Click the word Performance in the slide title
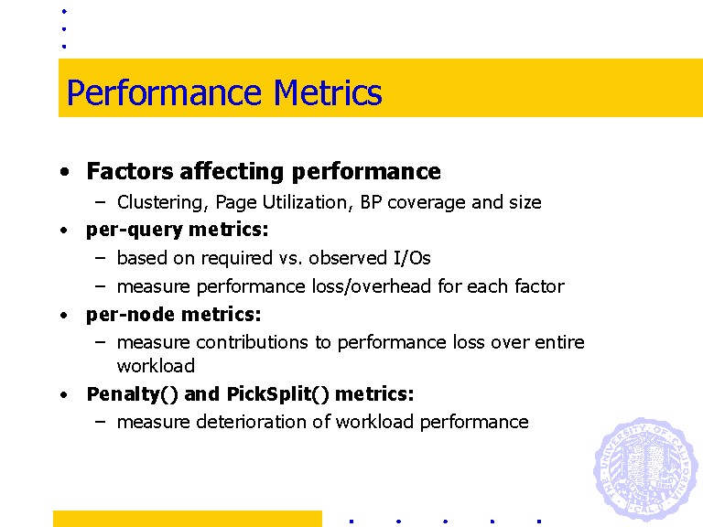tap(164, 93)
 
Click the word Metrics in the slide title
tap(328, 92)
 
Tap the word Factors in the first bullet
tap(130, 171)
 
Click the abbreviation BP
tap(371, 202)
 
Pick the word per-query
tap(135, 230)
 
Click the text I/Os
tap(412, 258)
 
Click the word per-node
tap(131, 315)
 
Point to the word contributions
tap(252, 342)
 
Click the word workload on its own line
tap(156, 366)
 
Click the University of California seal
tap(645, 468)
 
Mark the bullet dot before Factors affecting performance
tap(65, 172)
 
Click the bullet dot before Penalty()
tap(64, 395)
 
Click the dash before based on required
tap(101, 259)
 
